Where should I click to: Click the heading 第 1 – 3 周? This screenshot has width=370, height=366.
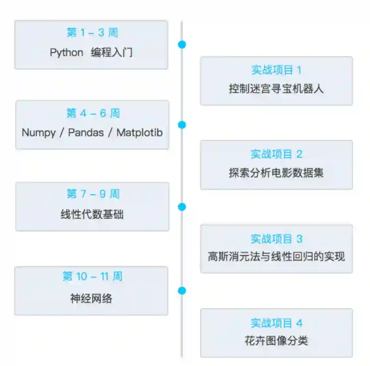pos(92,32)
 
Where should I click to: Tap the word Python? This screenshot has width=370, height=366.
pos(66,52)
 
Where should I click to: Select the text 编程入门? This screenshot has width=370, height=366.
pos(111,52)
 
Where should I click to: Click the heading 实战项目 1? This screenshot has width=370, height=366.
pos(276,70)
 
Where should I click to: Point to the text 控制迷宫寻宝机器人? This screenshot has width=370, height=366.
pos(276,89)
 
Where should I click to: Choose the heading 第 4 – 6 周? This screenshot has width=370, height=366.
pos(93,113)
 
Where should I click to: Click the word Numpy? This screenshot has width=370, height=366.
pos(39,133)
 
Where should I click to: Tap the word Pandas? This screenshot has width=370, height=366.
pos(86,133)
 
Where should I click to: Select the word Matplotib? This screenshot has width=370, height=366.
pos(139,133)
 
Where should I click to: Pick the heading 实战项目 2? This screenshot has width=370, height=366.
pos(276,154)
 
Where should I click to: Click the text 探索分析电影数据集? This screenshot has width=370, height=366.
pos(276,173)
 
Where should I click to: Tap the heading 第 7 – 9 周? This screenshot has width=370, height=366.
pos(93,194)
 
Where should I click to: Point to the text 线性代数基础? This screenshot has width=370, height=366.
pos(92,214)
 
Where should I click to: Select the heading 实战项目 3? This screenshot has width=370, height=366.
pos(276,239)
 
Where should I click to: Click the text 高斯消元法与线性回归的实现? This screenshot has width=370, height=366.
pos(276,256)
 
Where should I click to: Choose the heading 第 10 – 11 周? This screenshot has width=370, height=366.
pos(92,276)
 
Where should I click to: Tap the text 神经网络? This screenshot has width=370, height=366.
pos(91,299)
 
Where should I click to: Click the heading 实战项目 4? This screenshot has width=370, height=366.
pos(276,323)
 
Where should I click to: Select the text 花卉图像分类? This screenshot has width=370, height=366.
pos(276,340)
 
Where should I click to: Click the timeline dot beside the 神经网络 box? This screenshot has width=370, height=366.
pos(182,290)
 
